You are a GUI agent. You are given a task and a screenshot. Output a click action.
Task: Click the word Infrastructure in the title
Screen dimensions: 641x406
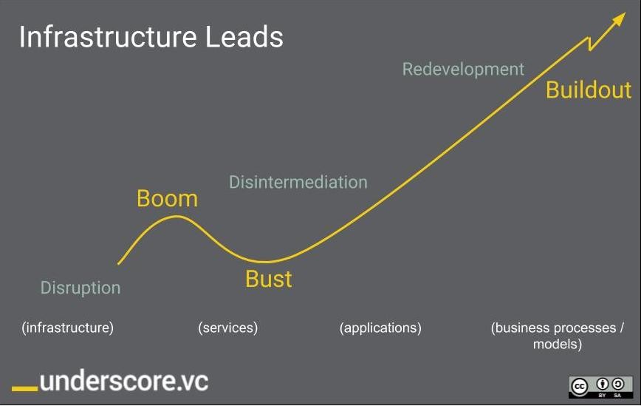pyautogui.click(x=109, y=37)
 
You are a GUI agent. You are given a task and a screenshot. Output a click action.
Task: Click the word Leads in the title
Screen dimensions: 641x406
pyautogui.click(x=244, y=37)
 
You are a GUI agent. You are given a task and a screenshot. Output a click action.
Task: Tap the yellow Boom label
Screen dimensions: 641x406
pyautogui.click(x=167, y=198)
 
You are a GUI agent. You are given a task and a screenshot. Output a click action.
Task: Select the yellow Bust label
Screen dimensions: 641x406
pyautogui.click(x=269, y=279)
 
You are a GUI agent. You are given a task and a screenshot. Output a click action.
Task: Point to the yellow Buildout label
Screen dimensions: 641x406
pyautogui.click(x=589, y=89)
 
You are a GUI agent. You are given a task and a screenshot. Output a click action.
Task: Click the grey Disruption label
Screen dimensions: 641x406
pyautogui.click(x=80, y=288)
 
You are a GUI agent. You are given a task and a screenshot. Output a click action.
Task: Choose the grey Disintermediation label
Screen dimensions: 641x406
pyautogui.click(x=298, y=182)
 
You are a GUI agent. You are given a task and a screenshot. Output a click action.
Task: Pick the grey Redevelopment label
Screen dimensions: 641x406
pyautogui.click(x=463, y=70)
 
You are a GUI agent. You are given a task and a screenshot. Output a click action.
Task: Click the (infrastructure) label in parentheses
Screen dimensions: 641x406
pyautogui.click(x=68, y=328)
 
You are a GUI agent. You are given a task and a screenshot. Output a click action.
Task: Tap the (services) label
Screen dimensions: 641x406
pyautogui.click(x=228, y=328)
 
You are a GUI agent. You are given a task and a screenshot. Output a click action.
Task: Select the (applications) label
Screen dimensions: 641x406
pyautogui.click(x=380, y=328)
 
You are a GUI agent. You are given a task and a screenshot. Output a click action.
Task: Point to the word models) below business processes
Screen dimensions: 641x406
pyautogui.click(x=558, y=344)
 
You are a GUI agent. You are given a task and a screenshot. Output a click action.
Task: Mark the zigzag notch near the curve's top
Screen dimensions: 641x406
pyautogui.click(x=589, y=44)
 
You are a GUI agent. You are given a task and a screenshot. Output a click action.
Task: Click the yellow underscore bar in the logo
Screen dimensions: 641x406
pyautogui.click(x=25, y=388)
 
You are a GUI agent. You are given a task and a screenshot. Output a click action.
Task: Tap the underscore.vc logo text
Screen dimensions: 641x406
pyautogui.click(x=124, y=381)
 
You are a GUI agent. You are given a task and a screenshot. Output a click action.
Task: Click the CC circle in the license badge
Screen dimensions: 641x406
pyautogui.click(x=579, y=386)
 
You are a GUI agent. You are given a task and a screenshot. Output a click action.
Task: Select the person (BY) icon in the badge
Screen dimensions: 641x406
pyautogui.click(x=602, y=384)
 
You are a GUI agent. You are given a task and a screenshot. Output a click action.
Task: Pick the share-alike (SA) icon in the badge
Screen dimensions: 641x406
pyautogui.click(x=617, y=384)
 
